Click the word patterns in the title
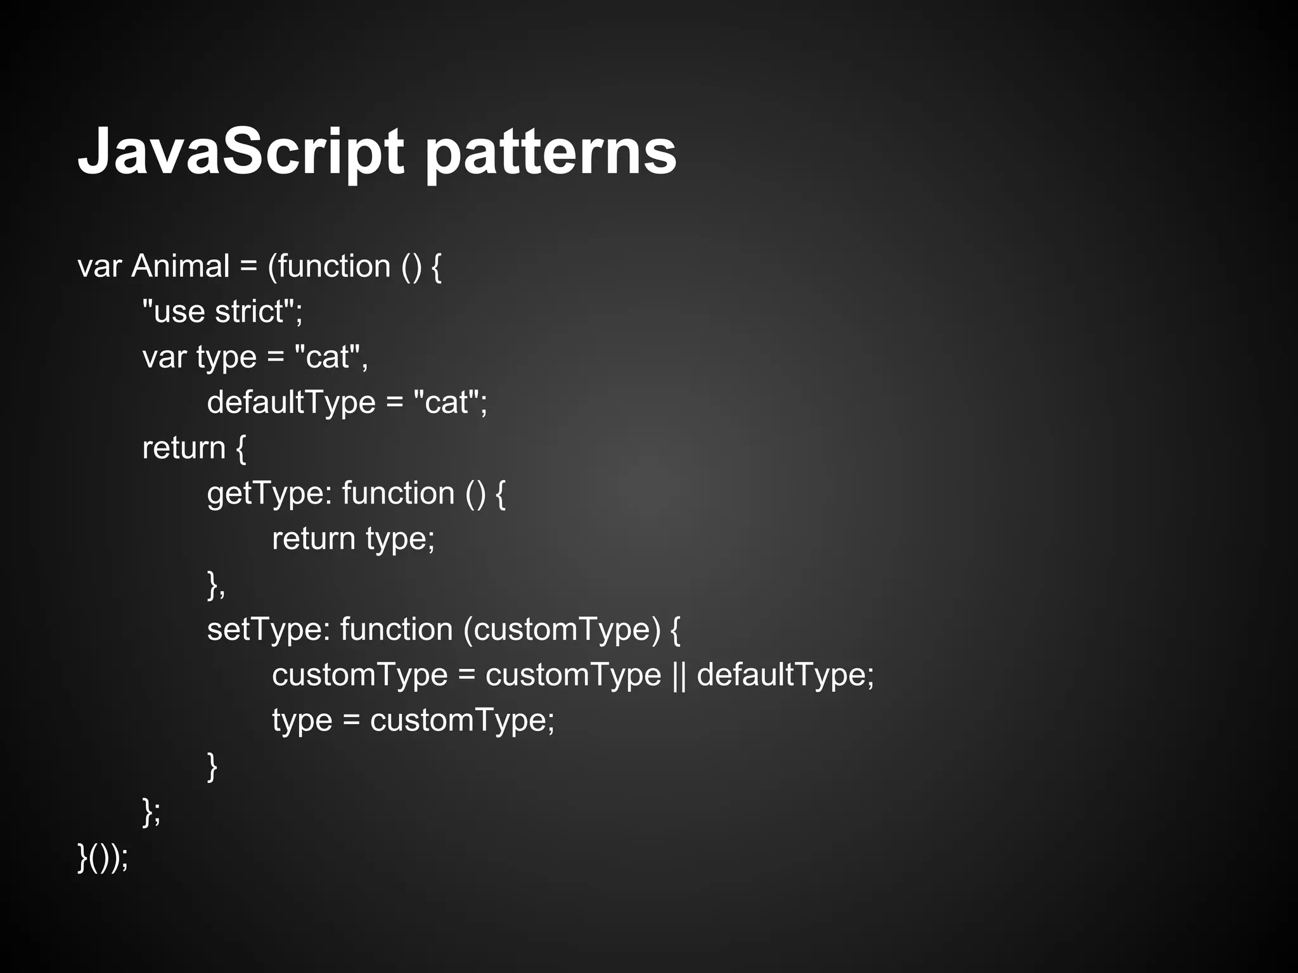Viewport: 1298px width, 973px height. click(x=550, y=152)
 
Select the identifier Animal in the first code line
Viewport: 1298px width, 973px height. click(x=180, y=266)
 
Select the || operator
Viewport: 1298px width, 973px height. click(x=678, y=675)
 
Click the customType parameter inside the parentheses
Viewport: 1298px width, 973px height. click(x=562, y=630)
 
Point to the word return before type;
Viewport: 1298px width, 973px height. click(x=313, y=539)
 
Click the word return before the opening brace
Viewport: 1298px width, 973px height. click(x=184, y=448)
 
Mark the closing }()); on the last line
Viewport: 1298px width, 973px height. click(x=103, y=858)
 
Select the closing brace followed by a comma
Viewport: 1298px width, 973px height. click(x=215, y=584)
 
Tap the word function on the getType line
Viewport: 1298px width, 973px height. click(x=398, y=493)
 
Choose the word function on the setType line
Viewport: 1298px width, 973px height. click(x=396, y=630)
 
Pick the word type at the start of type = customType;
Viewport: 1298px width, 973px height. click(x=302, y=721)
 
